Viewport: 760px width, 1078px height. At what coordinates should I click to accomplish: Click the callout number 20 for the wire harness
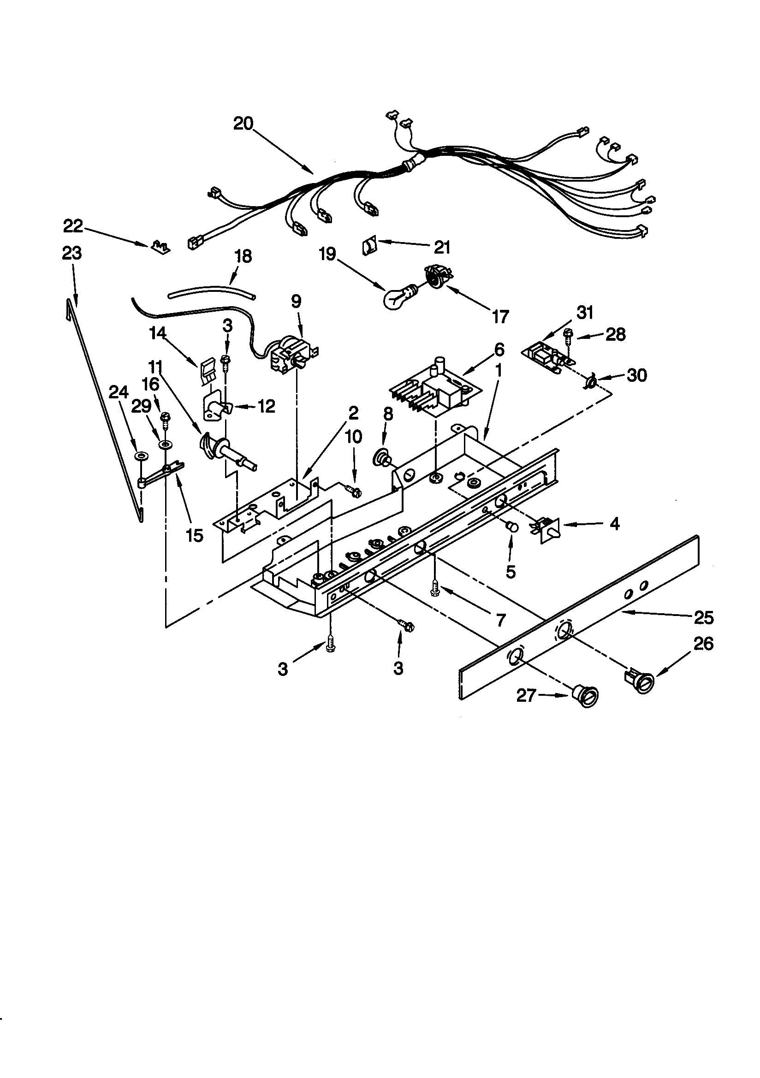click(x=243, y=124)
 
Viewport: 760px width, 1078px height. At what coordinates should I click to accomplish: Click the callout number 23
click(x=71, y=253)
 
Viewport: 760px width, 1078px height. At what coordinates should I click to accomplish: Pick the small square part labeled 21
click(x=370, y=246)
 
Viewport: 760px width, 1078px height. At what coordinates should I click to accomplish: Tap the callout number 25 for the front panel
click(x=703, y=617)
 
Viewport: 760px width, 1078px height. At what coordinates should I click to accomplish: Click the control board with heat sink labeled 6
click(x=431, y=389)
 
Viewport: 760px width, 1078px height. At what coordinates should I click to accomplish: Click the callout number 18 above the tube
click(x=243, y=256)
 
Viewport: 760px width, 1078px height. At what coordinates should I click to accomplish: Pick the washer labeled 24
click(x=140, y=456)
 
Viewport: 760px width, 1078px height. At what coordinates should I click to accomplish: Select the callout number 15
click(x=195, y=535)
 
